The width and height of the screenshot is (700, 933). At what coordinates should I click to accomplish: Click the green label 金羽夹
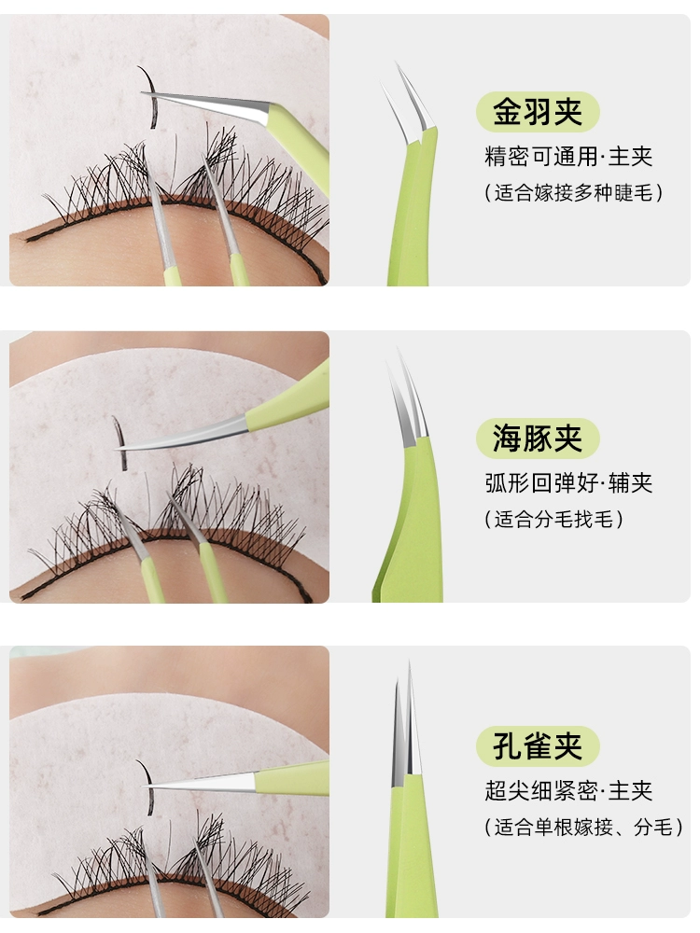(x=537, y=111)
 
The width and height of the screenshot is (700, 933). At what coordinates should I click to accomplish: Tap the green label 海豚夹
(x=537, y=438)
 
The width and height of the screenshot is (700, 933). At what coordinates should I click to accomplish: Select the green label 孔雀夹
(x=537, y=745)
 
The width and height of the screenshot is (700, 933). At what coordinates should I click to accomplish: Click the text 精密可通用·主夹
(x=567, y=157)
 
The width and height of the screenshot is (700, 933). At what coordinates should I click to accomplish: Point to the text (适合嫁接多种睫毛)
(x=574, y=193)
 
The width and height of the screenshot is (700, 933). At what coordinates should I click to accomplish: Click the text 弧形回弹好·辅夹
(x=567, y=482)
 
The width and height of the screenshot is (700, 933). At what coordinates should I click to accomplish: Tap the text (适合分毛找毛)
(x=553, y=519)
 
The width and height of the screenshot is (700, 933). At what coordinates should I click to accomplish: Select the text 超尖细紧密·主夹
(x=567, y=790)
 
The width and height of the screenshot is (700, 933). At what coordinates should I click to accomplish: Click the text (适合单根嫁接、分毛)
(x=583, y=827)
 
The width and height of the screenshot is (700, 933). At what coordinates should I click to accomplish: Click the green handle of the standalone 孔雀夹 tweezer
(x=411, y=851)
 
